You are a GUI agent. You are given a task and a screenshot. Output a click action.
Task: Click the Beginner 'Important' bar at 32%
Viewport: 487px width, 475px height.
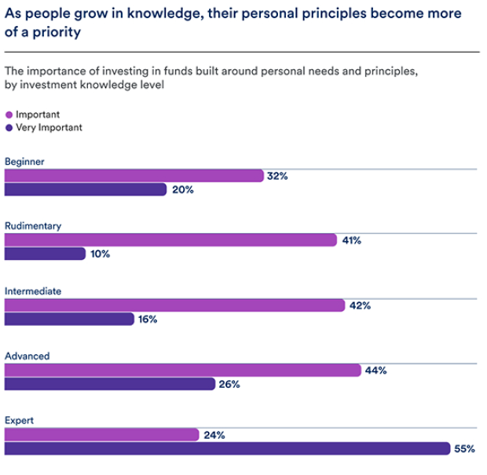[x=134, y=176]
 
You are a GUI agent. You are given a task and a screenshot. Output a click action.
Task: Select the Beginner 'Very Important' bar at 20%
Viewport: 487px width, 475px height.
[x=85, y=189]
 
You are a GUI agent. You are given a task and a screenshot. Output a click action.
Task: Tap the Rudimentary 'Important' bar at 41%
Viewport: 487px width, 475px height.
[x=170, y=240]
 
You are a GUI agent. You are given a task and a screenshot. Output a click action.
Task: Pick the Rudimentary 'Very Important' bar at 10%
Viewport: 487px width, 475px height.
[x=45, y=254]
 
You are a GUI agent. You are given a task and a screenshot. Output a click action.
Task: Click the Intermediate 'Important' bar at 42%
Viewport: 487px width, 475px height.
[x=174, y=305]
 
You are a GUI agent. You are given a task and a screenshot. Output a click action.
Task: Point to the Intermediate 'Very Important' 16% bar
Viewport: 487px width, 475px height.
[x=69, y=319]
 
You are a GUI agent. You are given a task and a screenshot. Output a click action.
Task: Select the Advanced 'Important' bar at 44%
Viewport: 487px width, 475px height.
[x=182, y=371]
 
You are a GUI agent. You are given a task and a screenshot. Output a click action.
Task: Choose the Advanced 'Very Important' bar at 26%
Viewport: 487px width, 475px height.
[x=109, y=384]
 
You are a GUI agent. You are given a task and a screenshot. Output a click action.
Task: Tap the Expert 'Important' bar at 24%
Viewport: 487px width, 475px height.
[x=101, y=435]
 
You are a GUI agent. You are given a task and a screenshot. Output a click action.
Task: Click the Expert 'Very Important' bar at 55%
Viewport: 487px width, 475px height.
[x=227, y=448]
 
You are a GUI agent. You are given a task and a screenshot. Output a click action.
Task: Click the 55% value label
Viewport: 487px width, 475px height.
[x=464, y=449]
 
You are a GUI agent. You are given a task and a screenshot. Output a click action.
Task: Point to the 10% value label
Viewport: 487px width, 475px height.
[x=100, y=254]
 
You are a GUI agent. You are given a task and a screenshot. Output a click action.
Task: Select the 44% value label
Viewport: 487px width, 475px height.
[x=375, y=371]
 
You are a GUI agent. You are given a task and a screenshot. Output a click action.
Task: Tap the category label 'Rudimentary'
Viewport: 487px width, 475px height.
[x=33, y=226]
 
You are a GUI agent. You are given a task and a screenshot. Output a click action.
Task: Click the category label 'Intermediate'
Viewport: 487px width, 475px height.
[x=33, y=291]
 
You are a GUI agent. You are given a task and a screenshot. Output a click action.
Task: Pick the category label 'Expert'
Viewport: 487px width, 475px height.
[x=19, y=421]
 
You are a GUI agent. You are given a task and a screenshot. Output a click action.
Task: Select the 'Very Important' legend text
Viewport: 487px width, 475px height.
[x=49, y=127]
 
